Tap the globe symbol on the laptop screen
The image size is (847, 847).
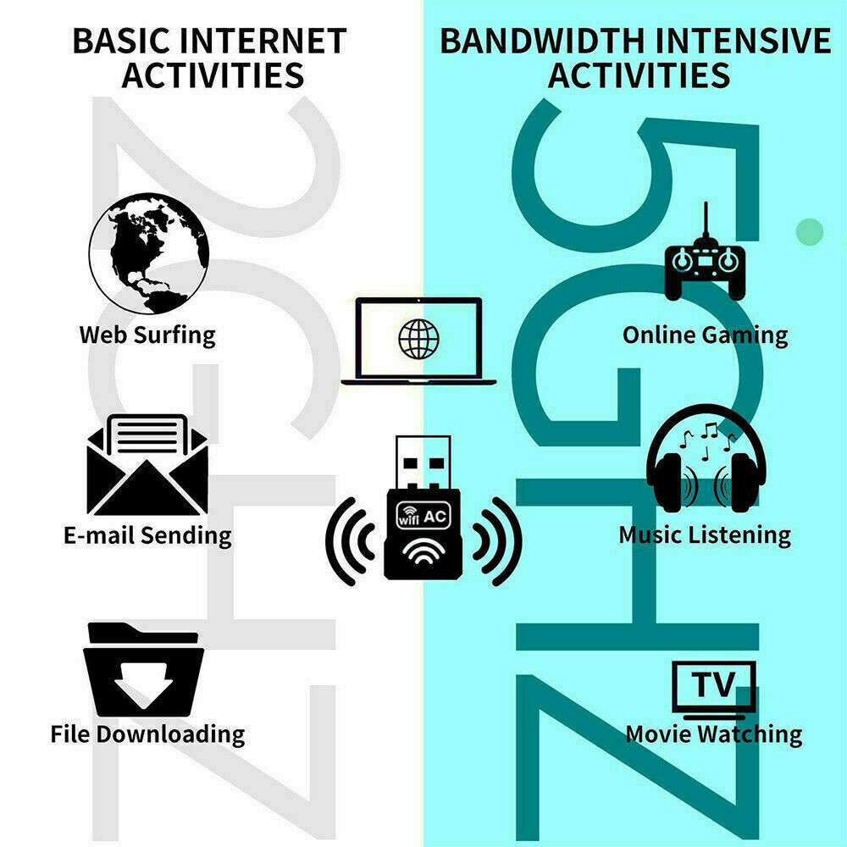coord(419,340)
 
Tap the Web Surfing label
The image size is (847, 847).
coord(147,334)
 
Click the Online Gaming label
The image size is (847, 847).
coord(705,335)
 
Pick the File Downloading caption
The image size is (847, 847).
coord(147,734)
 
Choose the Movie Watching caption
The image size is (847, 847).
coord(713,734)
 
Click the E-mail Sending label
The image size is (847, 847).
coord(147,534)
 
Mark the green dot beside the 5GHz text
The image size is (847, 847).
coord(811,230)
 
